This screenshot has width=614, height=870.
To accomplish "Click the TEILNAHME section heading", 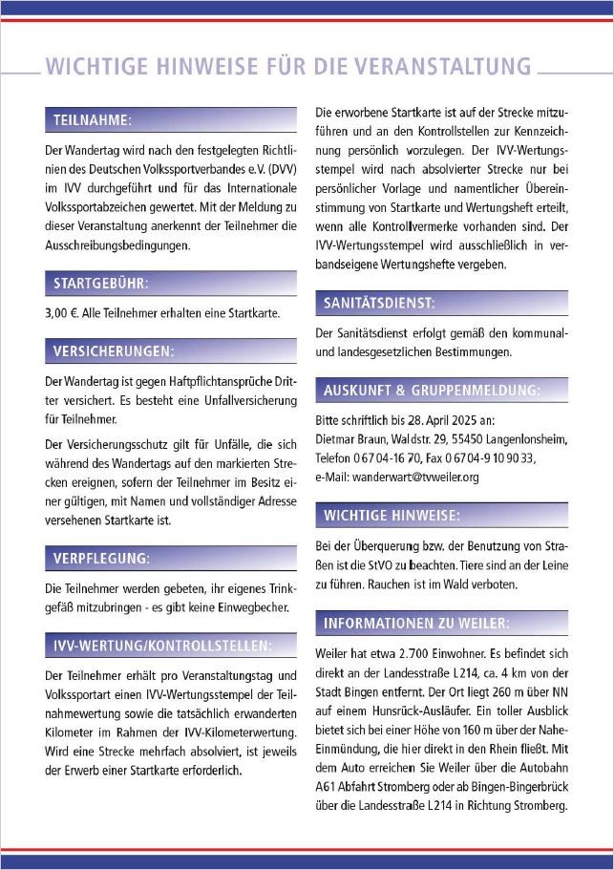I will tap(92, 120).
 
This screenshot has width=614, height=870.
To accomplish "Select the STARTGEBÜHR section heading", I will tap(101, 284).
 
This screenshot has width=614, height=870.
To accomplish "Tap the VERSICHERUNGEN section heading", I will tap(113, 351).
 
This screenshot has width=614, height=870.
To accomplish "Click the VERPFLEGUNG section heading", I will tap(101, 557).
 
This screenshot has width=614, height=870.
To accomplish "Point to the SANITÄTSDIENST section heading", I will tap(379, 303).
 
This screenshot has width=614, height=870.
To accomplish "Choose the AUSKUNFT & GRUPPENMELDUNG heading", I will tap(432, 391).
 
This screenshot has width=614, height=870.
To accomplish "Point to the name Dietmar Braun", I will tap(351, 439).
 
